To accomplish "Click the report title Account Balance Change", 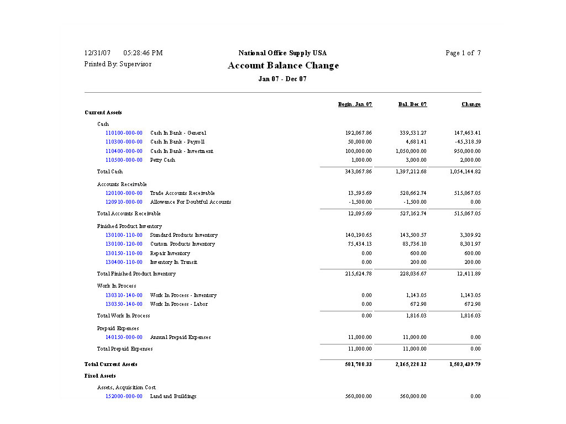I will click(x=283, y=66).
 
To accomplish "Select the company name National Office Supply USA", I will click(x=282, y=53).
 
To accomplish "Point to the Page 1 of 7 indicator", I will click(x=463, y=53).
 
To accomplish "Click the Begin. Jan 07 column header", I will click(x=355, y=104).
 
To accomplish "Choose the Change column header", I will click(x=471, y=104).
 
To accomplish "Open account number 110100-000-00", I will click(x=124, y=133).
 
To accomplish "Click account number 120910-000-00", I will click(x=124, y=202).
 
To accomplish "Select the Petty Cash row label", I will click(x=163, y=160).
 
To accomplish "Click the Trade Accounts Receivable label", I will click(x=182, y=193).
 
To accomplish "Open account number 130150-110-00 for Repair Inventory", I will click(x=124, y=253).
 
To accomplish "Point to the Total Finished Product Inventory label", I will click(x=137, y=274).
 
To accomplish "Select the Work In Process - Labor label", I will click(x=179, y=304).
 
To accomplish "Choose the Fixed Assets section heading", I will click(x=100, y=376).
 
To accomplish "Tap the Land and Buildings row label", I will click(x=173, y=396).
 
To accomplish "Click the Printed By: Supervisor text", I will click(x=118, y=64).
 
